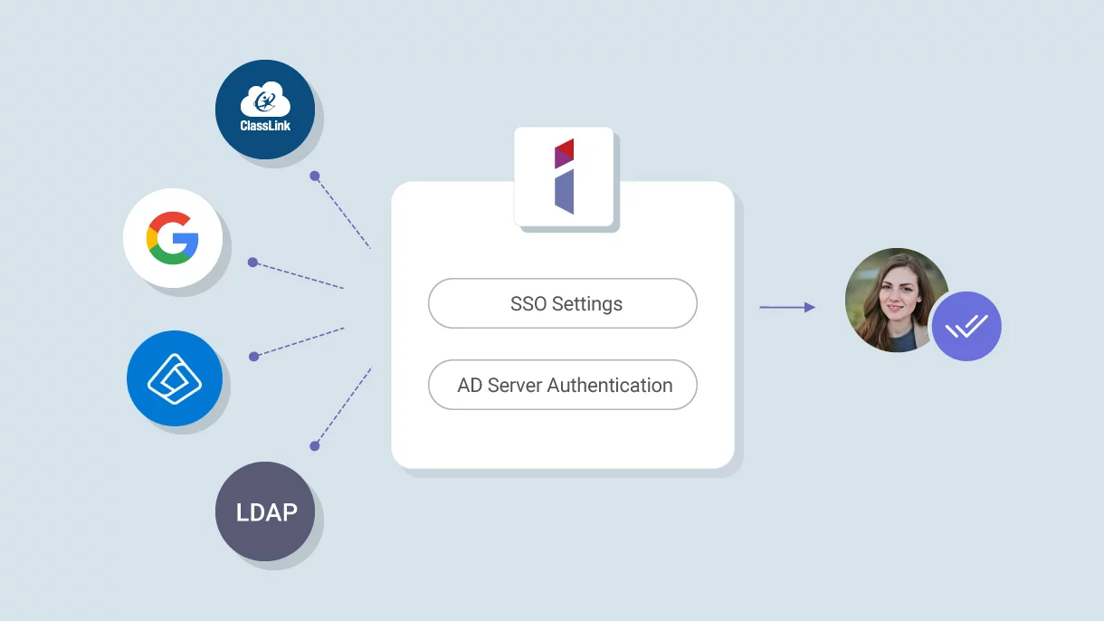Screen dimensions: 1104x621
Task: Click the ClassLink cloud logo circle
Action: (x=265, y=110)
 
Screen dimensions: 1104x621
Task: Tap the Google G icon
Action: (x=173, y=238)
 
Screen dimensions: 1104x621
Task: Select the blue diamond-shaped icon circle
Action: (x=175, y=378)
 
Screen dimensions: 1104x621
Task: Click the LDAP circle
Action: (x=265, y=511)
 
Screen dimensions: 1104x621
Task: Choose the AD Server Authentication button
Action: (x=562, y=385)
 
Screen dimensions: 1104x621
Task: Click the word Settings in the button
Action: (x=587, y=304)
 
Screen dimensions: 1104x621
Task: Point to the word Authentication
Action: (x=610, y=386)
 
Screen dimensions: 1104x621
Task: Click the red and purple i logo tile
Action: (x=564, y=177)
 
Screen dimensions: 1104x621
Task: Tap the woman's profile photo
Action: (x=896, y=301)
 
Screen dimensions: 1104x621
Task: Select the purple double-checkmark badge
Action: (x=966, y=326)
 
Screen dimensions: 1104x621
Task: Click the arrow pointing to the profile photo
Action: (x=787, y=308)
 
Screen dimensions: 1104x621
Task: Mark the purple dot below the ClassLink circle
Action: (x=315, y=176)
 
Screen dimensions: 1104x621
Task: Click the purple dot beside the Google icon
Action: (x=252, y=263)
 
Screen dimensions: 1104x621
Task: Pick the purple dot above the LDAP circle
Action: (x=315, y=446)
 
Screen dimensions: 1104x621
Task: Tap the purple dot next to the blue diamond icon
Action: (x=253, y=357)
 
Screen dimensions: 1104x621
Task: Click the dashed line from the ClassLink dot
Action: (x=343, y=213)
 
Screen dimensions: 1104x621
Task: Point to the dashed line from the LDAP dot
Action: (x=344, y=406)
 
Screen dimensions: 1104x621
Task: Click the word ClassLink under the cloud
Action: (x=265, y=126)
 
